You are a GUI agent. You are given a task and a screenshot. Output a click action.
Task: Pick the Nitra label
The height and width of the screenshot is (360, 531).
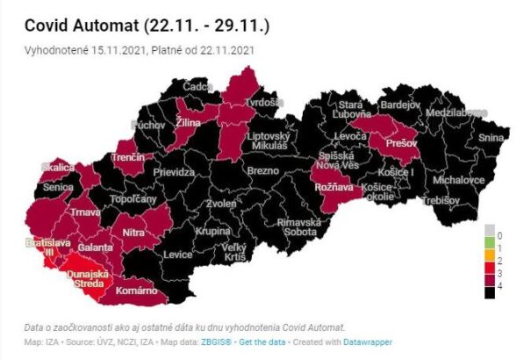(133, 233)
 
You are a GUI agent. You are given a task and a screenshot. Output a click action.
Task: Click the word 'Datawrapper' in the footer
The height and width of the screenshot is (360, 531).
(367, 342)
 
